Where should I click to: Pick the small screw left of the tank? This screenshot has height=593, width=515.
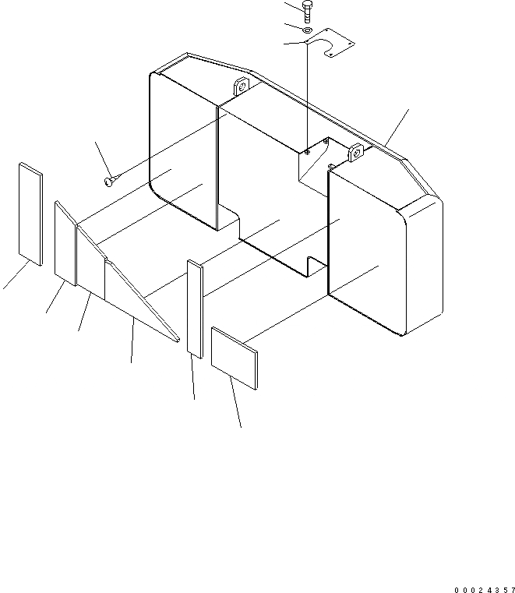click(109, 182)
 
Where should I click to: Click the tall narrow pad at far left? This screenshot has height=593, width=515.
click(31, 214)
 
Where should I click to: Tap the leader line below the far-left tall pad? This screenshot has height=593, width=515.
click(14, 277)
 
